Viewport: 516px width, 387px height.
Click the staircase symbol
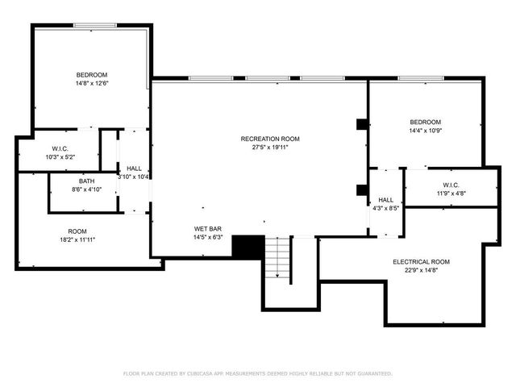tap(279, 258)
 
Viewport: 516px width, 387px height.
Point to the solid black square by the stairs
tap(248, 247)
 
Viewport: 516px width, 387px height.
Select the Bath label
tap(86, 181)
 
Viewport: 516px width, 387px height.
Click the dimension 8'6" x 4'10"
tap(86, 190)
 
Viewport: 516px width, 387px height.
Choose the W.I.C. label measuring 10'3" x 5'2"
tap(60, 148)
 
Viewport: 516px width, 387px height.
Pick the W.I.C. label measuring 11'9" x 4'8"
tap(450, 185)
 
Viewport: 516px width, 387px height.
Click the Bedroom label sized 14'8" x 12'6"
tap(92, 74)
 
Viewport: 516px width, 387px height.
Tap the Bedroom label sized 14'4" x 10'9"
tap(425, 122)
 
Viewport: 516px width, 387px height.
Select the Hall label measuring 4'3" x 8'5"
tap(385, 200)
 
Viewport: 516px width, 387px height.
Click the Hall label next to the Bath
tap(134, 168)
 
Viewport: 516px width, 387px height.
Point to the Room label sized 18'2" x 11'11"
tap(77, 231)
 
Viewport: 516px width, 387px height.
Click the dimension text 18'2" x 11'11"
tap(77, 239)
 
